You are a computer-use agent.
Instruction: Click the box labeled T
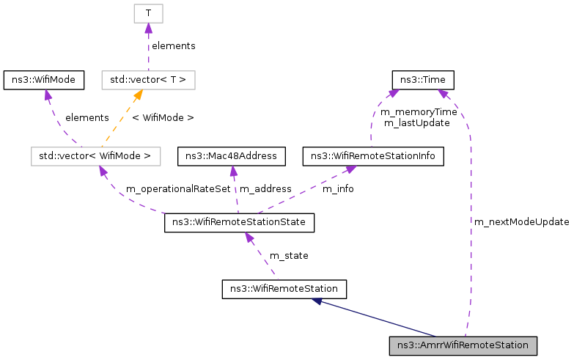pos(148,13)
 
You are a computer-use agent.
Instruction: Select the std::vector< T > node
pos(148,79)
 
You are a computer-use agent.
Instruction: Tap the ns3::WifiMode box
pos(44,79)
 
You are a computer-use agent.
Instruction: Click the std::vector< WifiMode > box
pos(95,156)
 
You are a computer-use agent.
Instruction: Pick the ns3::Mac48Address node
pos(232,156)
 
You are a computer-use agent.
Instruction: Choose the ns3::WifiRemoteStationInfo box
pos(373,156)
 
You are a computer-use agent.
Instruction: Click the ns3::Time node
pos(424,79)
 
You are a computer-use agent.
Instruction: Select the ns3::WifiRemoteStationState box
pos(240,222)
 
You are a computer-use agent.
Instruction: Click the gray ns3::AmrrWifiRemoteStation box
pos(463,345)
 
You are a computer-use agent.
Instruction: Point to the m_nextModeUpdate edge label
pos(521,222)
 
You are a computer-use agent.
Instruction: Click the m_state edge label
pos(289,255)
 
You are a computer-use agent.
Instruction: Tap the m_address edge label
pos(265,189)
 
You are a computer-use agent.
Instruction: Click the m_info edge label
pos(338,189)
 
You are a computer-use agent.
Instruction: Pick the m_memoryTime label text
pos(419,112)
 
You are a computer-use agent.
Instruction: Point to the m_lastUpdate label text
pos(416,123)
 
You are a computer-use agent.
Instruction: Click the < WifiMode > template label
pos(163,117)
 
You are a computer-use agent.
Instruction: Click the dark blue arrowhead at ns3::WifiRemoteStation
pos(317,301)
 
